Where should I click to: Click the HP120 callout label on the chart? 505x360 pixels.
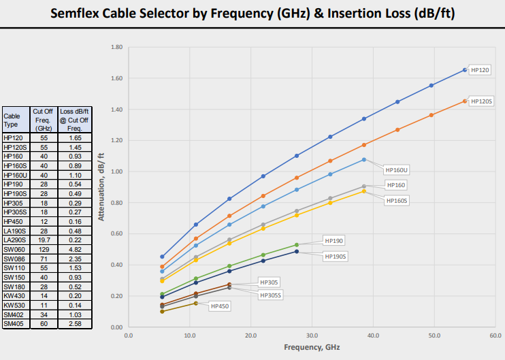pyautogui.click(x=480, y=69)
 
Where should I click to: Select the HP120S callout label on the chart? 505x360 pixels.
pyautogui.click(x=482, y=101)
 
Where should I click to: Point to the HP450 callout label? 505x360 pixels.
pyautogui.click(x=220, y=306)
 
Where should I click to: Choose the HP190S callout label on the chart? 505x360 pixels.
pyautogui.click(x=336, y=256)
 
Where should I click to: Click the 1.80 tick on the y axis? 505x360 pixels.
pyautogui.click(x=116, y=48)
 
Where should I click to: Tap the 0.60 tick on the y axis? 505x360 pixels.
pyautogui.click(x=116, y=233)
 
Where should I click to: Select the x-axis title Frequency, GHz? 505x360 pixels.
pyautogui.click(x=311, y=347)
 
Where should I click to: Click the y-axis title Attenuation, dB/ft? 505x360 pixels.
pyautogui.click(x=101, y=188)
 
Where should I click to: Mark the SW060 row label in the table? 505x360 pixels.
pyautogui.click(x=14, y=249)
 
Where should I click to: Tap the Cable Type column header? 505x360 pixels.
pyautogui.click(x=14, y=120)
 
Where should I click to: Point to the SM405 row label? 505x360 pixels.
pyautogui.click(x=14, y=324)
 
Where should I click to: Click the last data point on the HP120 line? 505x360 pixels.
pyautogui.click(x=465, y=70)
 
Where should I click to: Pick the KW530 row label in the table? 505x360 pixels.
pyautogui.click(x=14, y=306)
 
